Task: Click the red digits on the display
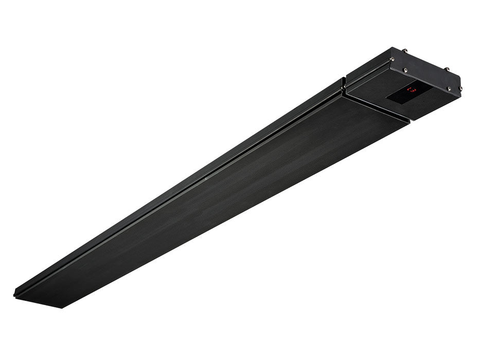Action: point(412,90)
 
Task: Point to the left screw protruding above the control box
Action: point(404,50)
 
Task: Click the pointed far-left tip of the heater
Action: point(14,294)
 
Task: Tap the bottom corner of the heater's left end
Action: point(62,308)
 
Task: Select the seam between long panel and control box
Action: point(378,108)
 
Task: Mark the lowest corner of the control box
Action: point(410,121)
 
